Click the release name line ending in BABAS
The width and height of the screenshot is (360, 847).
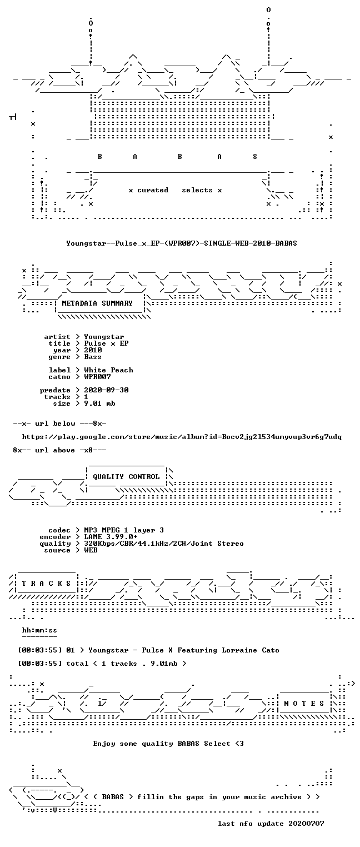coord(182,243)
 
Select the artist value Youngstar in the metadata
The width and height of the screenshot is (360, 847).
coord(104,337)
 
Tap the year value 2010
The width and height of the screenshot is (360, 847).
coord(93,350)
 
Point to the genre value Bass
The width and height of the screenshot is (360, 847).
coord(93,357)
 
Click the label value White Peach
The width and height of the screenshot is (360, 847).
coord(108,370)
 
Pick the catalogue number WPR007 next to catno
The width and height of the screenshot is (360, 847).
coord(97,377)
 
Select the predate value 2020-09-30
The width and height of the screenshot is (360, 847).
coord(106,390)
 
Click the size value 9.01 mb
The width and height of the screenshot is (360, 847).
coord(99,403)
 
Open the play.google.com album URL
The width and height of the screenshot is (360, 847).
coord(182,437)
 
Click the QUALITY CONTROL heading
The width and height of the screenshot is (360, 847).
coord(126,477)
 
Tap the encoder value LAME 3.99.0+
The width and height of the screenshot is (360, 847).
coord(111,537)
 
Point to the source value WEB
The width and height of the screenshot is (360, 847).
coord(91,550)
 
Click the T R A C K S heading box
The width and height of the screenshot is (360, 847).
coord(46,584)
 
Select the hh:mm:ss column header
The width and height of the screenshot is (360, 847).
coord(39,630)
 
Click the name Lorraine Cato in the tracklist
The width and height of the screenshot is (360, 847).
coord(251,650)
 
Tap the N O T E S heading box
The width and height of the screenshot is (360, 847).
coord(304,703)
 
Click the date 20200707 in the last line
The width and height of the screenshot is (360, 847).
coord(306,824)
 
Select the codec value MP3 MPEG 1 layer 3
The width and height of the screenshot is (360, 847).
coord(124,530)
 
